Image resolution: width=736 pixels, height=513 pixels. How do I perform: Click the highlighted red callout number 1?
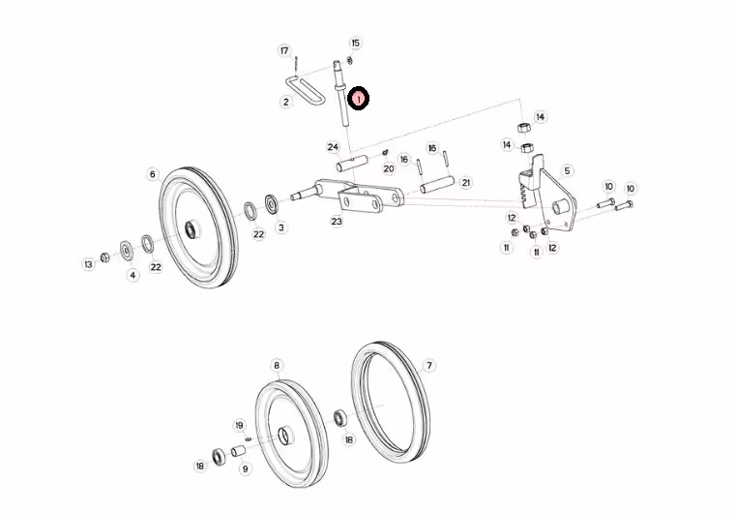[359, 99]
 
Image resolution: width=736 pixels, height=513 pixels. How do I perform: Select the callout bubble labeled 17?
[284, 50]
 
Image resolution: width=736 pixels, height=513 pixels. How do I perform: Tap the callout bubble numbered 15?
[355, 43]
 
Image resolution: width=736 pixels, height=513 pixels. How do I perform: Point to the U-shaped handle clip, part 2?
[305, 91]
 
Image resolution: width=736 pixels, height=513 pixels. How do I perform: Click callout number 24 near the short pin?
[333, 147]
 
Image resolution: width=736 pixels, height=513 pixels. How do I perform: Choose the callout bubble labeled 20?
[389, 168]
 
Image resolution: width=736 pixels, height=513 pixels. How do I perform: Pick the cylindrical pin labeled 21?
[437, 184]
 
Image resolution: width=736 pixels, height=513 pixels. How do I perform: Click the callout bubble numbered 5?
[567, 170]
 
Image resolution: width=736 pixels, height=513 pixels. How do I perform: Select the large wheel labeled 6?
[198, 227]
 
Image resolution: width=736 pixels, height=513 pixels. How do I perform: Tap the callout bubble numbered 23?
[337, 222]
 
